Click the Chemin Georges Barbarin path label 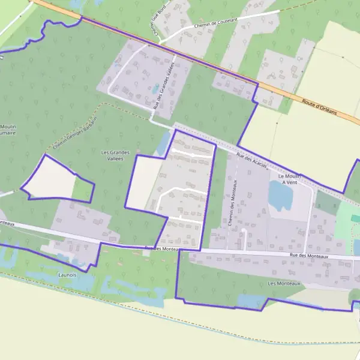[74, 130]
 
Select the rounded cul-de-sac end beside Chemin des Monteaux [244, 230]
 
